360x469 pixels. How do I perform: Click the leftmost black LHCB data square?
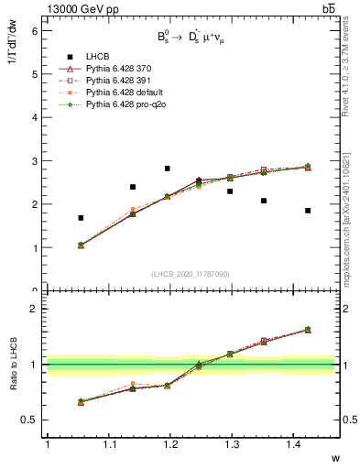(81, 218)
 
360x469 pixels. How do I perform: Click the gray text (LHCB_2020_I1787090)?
(191, 274)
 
